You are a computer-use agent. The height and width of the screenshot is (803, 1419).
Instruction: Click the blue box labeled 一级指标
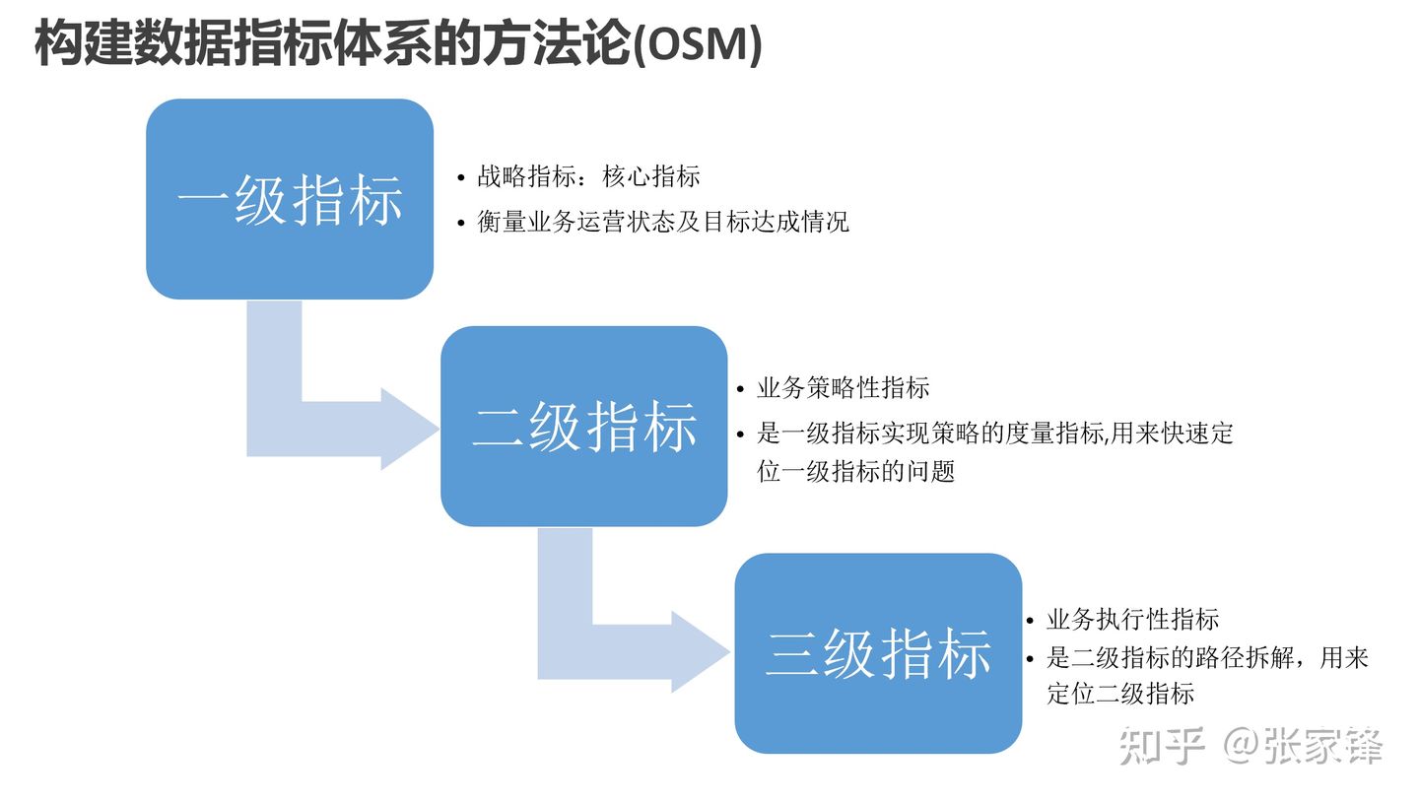(290, 199)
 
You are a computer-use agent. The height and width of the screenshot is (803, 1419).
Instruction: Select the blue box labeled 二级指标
(583, 426)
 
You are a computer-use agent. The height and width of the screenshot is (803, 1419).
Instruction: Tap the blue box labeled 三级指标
(878, 653)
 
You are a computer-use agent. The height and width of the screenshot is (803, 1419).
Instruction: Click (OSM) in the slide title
(697, 44)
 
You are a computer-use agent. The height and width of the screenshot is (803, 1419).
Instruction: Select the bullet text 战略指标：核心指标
(588, 176)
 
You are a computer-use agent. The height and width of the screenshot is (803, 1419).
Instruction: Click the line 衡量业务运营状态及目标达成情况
(662, 222)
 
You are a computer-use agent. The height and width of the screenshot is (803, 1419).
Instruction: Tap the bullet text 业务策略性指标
(843, 387)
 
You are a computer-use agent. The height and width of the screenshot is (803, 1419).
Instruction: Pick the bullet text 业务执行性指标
(1132, 619)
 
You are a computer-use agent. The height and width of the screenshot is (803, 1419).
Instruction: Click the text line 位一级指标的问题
(855, 471)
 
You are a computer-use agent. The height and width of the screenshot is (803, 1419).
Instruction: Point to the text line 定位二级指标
(1119, 694)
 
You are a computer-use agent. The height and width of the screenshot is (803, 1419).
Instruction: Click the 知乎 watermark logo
(1162, 746)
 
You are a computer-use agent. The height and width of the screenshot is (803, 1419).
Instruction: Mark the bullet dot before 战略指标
(460, 177)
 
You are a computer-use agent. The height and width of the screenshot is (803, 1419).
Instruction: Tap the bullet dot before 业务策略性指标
(740, 389)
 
